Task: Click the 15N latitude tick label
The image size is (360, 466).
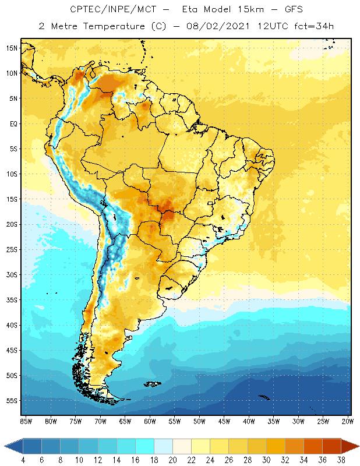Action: coord(12,48)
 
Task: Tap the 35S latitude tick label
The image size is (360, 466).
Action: coord(12,300)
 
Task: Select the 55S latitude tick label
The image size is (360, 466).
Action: coord(12,401)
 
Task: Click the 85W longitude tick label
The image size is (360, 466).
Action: coord(26,421)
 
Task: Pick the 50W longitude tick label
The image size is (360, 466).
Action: coord(200,421)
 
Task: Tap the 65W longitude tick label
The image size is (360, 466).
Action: coord(125,421)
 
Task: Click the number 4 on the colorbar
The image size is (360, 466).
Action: coord(23,460)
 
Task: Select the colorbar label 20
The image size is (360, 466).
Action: coord(172,460)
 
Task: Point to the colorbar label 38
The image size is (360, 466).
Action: coord(340,460)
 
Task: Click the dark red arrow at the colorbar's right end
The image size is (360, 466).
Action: coord(350,446)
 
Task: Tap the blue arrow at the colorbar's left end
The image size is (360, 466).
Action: coord(13,446)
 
